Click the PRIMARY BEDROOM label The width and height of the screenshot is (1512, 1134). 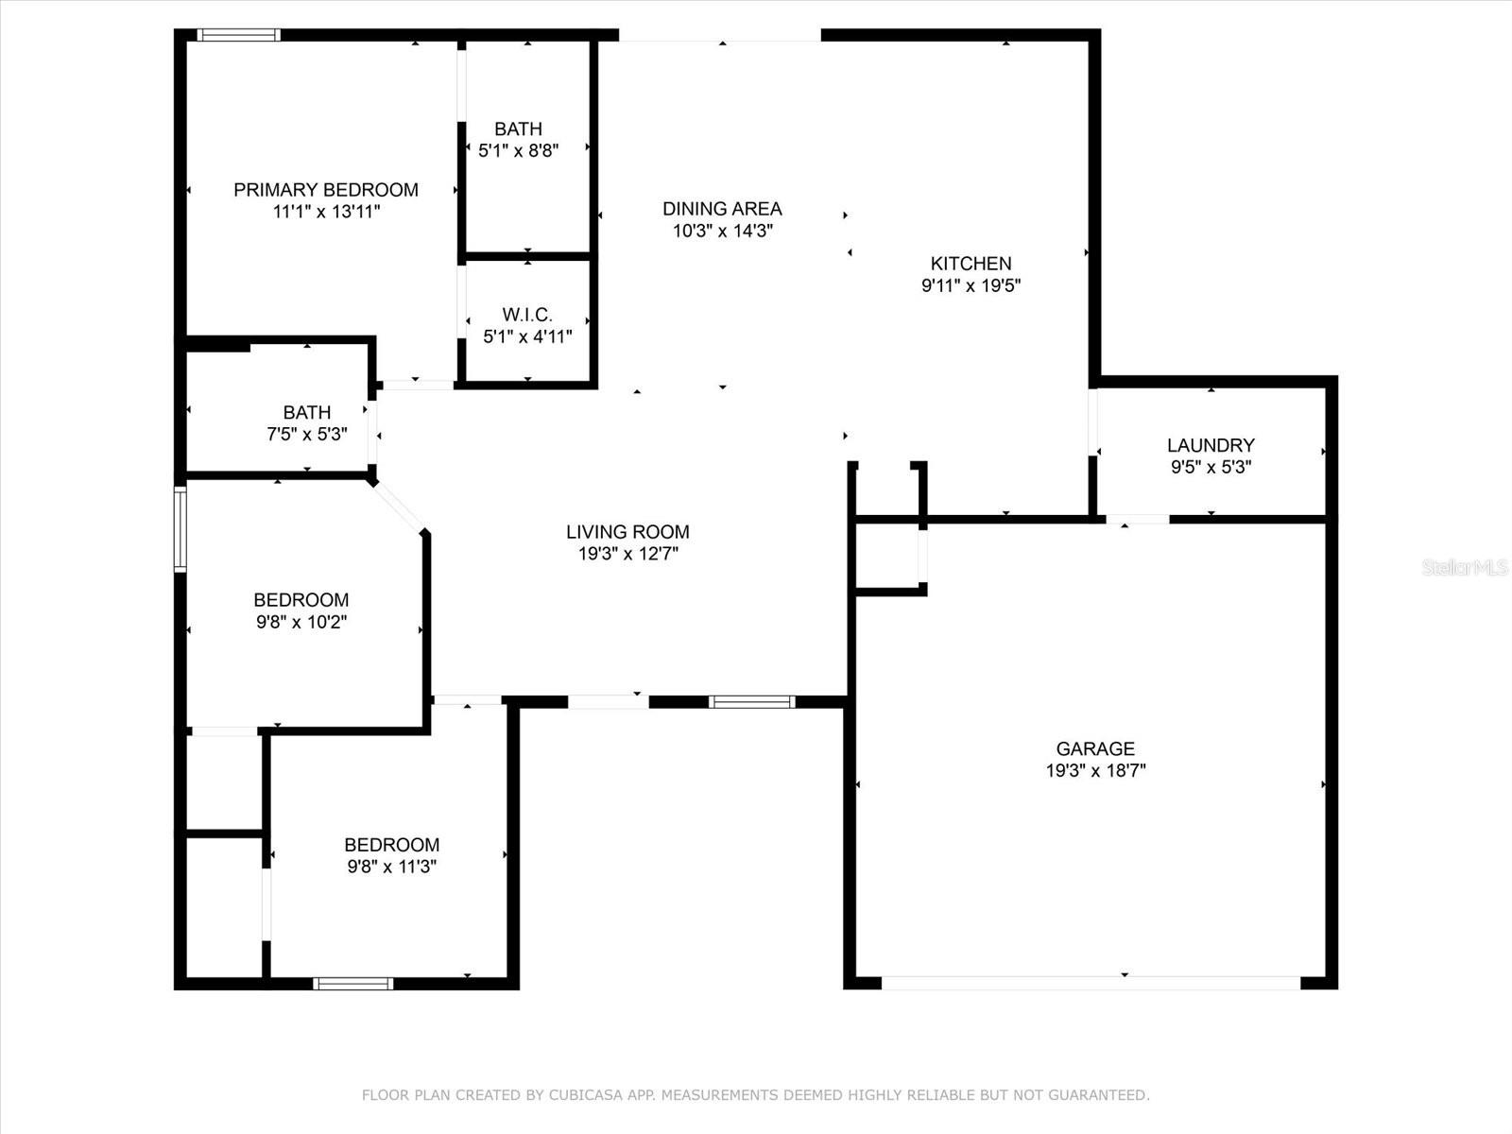click(x=326, y=190)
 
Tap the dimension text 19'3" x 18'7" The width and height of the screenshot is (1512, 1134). click(x=1095, y=771)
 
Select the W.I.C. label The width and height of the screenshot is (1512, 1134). click(x=527, y=315)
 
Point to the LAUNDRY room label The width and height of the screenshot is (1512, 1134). click(x=1211, y=445)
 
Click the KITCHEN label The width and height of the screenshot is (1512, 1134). click(x=971, y=264)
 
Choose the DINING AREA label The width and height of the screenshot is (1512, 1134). click(x=722, y=209)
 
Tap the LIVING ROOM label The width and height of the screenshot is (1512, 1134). click(x=627, y=532)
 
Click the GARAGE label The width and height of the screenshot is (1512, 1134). click(x=1095, y=748)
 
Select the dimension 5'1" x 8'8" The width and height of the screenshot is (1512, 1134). click(x=518, y=150)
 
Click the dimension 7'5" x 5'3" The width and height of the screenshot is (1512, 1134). click(x=307, y=435)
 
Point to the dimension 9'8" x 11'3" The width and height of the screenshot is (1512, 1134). click(x=391, y=867)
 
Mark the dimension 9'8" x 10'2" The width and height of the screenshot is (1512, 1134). click(x=301, y=622)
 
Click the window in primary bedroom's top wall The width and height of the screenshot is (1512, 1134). click(x=239, y=36)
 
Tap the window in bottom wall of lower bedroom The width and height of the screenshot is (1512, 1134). click(x=352, y=984)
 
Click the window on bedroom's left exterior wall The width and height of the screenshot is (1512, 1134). click(x=180, y=529)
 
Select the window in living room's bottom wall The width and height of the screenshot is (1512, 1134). click(x=751, y=701)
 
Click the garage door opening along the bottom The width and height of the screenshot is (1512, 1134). click(x=1091, y=983)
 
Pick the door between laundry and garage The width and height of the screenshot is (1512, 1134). click(x=1138, y=519)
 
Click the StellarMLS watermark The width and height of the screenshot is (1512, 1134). click(x=1464, y=568)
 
